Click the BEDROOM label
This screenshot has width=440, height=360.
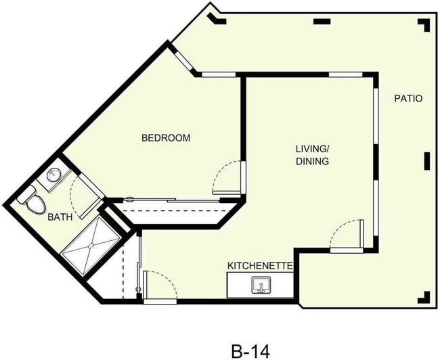coord(165,138)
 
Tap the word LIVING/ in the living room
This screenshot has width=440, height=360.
coord(311,148)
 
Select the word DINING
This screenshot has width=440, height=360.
coord(311,162)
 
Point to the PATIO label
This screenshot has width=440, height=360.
coord(408,99)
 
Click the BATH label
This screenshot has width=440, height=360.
coord(60,218)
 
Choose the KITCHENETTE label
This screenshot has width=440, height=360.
coord(259,266)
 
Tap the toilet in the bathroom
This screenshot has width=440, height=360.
coord(34,202)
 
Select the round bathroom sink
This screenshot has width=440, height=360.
coord(53,177)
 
